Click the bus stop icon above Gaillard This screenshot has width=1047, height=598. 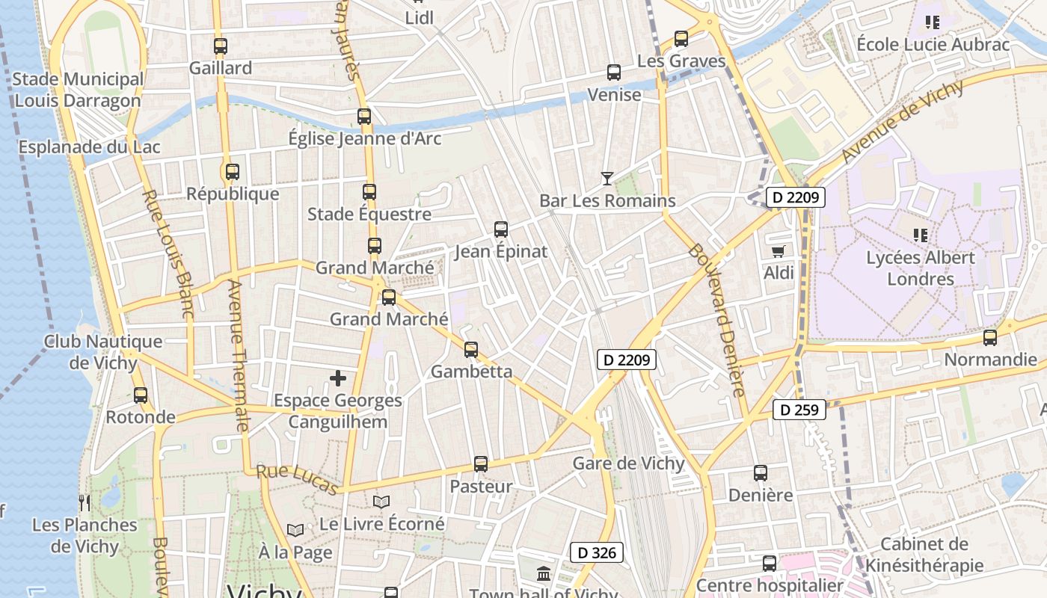point(220,46)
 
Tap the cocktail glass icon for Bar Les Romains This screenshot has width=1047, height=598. point(607,178)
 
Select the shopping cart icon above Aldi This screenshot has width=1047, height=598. point(779,251)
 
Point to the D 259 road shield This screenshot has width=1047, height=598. point(799,410)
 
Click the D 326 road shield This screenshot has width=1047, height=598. point(596,553)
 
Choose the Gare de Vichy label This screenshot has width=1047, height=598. point(628,463)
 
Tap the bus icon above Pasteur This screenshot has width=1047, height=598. point(481,464)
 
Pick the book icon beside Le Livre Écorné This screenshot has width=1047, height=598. point(381,502)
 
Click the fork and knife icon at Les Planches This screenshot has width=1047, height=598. point(85,502)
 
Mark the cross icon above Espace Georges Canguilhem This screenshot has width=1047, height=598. point(338,378)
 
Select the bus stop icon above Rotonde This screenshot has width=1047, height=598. point(141,395)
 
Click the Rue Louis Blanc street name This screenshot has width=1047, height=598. point(168,254)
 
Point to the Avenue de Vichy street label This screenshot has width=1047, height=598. point(901,121)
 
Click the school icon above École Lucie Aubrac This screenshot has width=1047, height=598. point(932,22)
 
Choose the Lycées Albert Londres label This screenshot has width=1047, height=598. point(921,268)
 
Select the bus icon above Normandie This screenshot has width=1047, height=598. point(990,337)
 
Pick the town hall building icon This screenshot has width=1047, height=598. point(544,574)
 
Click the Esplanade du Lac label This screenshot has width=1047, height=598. point(89,147)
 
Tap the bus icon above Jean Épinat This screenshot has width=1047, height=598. point(501,229)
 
